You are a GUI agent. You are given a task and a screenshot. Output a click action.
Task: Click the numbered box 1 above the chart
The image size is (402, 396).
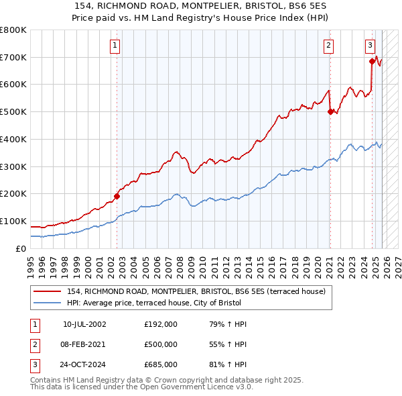(115, 46)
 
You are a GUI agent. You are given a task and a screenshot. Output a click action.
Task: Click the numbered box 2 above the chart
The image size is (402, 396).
(329, 46)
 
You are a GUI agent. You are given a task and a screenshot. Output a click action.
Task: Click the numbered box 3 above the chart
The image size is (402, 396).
(371, 46)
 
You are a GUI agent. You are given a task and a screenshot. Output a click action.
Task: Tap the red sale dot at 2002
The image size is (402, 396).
(117, 197)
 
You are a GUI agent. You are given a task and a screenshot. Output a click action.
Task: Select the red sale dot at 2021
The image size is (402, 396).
(330, 112)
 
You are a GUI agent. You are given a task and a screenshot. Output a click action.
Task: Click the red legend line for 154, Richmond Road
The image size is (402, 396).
(48, 291)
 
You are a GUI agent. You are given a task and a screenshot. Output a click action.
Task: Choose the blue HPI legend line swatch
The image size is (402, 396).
(48, 303)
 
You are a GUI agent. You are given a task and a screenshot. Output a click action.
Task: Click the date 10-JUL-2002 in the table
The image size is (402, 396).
(84, 324)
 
